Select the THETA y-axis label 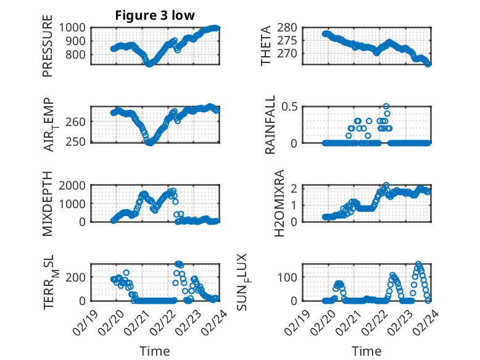[x=266, y=46]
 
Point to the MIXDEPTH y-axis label [x=48, y=203]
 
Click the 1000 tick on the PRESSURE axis [x=76, y=27]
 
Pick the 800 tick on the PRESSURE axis [x=79, y=54]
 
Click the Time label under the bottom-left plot [x=154, y=351]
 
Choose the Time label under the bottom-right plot [x=366, y=351]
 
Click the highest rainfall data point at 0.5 [x=386, y=106]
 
